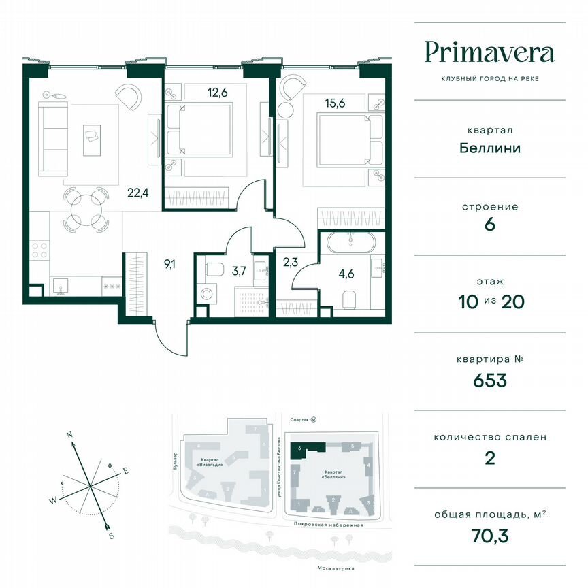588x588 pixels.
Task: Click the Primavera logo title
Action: coord(489,52)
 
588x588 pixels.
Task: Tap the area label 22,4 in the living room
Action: coord(137,192)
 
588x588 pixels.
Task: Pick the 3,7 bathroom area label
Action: coord(239,271)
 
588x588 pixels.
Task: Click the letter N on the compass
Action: coord(69,435)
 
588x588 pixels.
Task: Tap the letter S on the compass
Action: coord(111,536)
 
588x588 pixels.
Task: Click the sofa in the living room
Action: coord(50,139)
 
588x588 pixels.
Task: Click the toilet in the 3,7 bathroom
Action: coord(213,269)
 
